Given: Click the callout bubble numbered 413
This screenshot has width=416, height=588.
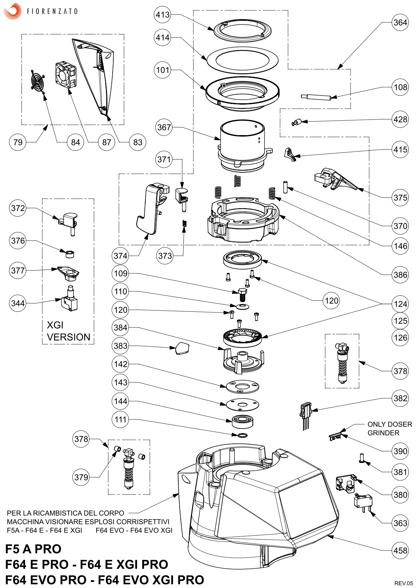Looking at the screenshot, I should (x=163, y=15).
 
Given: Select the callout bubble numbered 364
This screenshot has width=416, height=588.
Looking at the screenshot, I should (x=400, y=22).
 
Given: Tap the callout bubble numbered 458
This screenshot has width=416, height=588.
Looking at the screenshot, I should (x=400, y=550).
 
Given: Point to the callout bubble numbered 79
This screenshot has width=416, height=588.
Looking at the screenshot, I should (x=18, y=142).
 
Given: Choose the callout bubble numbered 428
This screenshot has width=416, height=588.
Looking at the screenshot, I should (x=400, y=119).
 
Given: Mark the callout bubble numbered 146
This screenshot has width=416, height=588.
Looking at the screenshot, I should (x=400, y=246).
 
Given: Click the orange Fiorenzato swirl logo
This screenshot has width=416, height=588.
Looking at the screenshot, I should (x=12, y=11).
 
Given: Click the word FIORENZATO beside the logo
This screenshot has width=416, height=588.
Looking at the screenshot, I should (x=52, y=11).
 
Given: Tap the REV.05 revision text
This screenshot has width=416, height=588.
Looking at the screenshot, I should (x=404, y=583).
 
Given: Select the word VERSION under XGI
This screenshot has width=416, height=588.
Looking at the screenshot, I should (x=69, y=337).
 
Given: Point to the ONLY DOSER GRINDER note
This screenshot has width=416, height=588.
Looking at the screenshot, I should (x=390, y=428).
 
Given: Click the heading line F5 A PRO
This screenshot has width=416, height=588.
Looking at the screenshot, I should (x=33, y=549).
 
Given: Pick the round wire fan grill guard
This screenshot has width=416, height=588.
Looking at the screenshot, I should (x=38, y=81).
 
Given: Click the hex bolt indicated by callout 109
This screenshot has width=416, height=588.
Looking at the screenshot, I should (x=242, y=294).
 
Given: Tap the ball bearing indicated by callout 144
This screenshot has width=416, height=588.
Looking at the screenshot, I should (x=242, y=421).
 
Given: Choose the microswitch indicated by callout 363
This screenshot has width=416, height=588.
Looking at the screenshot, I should (x=363, y=502).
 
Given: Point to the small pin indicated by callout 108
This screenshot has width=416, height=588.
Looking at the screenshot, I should (x=316, y=97).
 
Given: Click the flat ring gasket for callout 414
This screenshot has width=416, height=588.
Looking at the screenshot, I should (x=242, y=60).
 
